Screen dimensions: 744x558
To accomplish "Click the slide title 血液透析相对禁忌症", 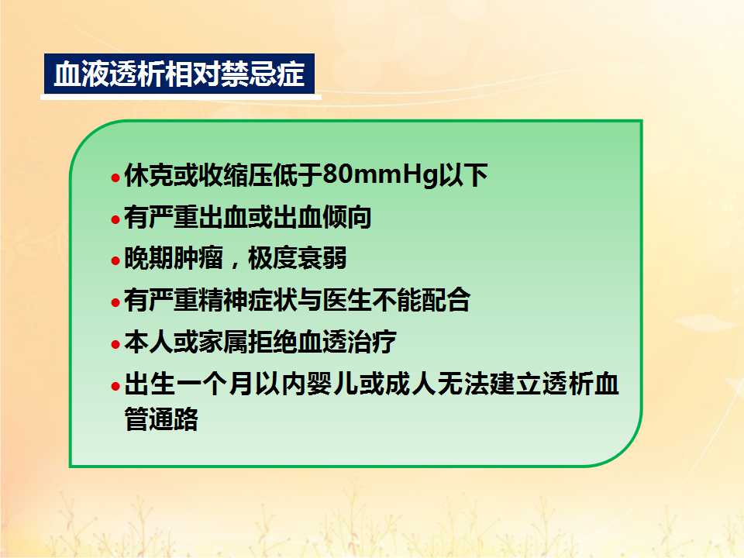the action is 179,74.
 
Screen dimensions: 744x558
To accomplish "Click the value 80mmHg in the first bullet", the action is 380,174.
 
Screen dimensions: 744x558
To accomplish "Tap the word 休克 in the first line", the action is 149,175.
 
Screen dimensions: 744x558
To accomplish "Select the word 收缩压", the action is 236,175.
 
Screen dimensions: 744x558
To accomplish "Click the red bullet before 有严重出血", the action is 115,219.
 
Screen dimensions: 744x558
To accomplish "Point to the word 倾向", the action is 347,217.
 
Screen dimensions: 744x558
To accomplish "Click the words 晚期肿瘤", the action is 174,259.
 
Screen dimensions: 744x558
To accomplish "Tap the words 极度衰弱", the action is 298,259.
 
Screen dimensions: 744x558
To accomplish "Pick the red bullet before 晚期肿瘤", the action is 115,261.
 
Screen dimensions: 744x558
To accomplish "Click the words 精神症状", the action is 248,300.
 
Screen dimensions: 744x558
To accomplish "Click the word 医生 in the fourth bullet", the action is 347,300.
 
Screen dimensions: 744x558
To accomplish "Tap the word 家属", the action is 223,342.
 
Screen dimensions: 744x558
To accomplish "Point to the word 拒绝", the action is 272,342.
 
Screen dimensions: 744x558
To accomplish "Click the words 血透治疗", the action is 347,342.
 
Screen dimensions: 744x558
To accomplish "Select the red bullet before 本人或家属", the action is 115,344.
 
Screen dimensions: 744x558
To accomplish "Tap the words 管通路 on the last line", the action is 161,418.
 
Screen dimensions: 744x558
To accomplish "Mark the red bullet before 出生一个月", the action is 115,386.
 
